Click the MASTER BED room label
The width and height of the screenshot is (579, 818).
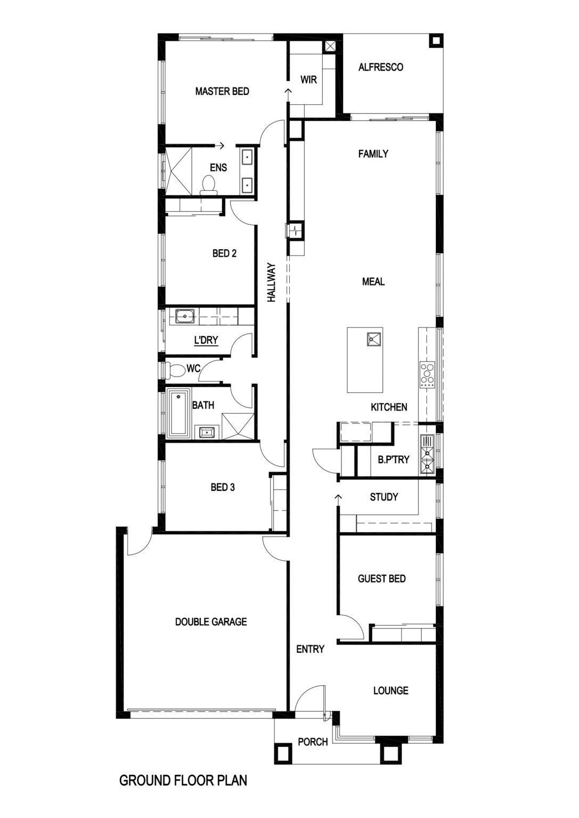click(222, 91)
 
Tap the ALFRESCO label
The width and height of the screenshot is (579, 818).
click(381, 67)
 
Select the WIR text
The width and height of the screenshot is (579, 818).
click(309, 79)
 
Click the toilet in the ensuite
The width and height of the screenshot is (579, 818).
click(209, 184)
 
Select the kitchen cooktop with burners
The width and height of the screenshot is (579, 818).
click(427, 374)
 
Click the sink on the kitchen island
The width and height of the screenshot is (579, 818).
click(374, 339)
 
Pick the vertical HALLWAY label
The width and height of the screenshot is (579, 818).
click(272, 282)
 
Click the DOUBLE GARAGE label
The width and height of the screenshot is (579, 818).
click(211, 622)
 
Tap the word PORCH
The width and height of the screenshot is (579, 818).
click(313, 742)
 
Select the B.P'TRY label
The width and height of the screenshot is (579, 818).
click(394, 460)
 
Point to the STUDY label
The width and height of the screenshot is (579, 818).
click(384, 497)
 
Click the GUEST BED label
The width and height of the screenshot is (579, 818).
click(382, 579)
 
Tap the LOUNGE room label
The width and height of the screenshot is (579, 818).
click(391, 691)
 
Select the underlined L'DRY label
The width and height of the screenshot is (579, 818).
click(206, 340)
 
